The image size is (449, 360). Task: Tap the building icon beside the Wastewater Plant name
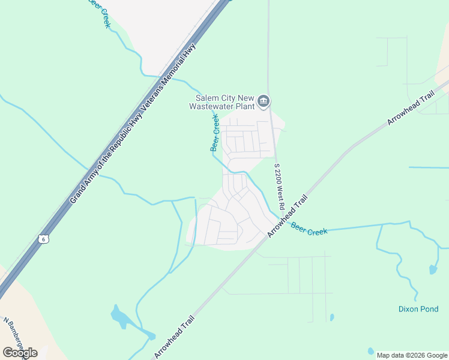pos(263,103)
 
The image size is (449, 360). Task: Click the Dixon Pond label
pos(419,310)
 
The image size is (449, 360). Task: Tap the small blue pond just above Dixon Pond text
pos(433,269)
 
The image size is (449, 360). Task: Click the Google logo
pos(20,353)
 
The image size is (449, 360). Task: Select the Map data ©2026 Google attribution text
pos(413,355)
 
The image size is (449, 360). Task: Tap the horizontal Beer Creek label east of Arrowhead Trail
pos(309,229)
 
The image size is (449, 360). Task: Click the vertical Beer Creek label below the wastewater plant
pos(214,133)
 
